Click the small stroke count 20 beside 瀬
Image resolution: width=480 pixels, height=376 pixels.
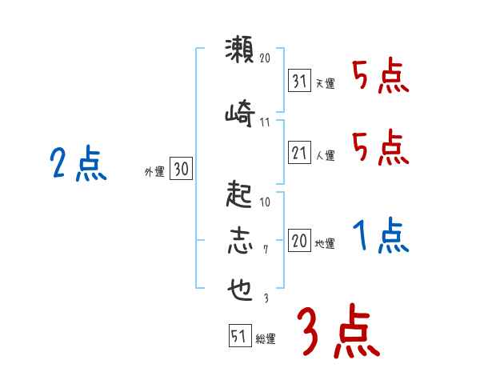[266, 58]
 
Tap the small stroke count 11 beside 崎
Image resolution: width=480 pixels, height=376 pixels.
[266, 122]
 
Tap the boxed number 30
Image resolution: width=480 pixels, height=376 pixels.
[181, 169]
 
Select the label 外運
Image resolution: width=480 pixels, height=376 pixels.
[154, 171]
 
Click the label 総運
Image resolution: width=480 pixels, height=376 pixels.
[266, 339]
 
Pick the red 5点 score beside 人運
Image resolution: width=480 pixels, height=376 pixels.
[381, 148]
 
